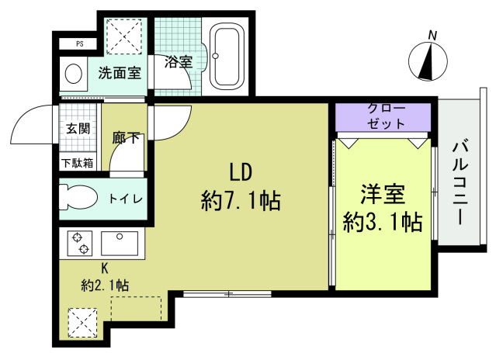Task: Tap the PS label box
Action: (79, 44)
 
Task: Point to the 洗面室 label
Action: (119, 74)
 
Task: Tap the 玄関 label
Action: (78, 129)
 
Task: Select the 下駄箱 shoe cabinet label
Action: (78, 163)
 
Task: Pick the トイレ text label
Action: (124, 199)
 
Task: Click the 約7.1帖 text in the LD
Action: (240, 202)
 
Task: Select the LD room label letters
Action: (240, 172)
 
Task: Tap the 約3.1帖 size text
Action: (383, 223)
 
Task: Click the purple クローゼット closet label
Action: (383, 116)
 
